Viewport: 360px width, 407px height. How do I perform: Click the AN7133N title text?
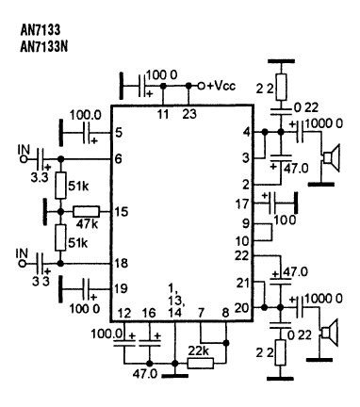(x=43, y=47)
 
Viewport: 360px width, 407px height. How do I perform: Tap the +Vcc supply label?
(x=221, y=86)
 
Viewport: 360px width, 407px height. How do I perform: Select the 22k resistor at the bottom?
(x=201, y=363)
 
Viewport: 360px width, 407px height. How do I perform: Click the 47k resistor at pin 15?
(x=86, y=211)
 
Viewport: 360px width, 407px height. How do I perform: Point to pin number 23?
(x=189, y=114)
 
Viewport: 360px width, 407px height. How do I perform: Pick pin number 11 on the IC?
(x=163, y=114)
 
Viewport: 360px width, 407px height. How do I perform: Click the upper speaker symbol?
(x=331, y=158)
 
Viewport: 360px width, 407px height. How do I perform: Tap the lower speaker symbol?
(x=329, y=333)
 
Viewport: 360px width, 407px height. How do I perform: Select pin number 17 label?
(x=242, y=204)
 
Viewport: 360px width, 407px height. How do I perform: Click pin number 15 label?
(x=122, y=212)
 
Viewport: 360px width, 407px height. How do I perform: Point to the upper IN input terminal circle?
(x=23, y=159)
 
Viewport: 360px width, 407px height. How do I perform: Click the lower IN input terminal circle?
(x=22, y=264)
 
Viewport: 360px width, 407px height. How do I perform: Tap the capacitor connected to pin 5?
(x=87, y=133)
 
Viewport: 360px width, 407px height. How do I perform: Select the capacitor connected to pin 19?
(x=87, y=289)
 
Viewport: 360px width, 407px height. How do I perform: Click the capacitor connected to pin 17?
(x=272, y=203)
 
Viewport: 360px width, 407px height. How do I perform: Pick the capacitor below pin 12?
(x=124, y=342)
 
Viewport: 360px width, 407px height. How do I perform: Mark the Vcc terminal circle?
(x=202, y=86)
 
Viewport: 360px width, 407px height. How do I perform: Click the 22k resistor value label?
(x=199, y=351)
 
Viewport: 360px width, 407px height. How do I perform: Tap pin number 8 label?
(x=225, y=313)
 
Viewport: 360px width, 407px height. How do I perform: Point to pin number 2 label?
(x=247, y=185)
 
